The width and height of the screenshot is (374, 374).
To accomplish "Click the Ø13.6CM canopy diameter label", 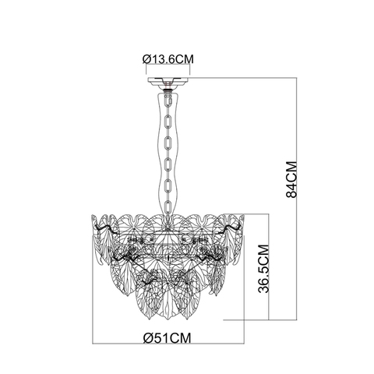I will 168,56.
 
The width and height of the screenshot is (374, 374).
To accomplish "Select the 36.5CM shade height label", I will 263,268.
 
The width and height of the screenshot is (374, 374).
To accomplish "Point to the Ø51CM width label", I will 168,337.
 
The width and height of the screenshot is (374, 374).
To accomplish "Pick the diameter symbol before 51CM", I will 147,337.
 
